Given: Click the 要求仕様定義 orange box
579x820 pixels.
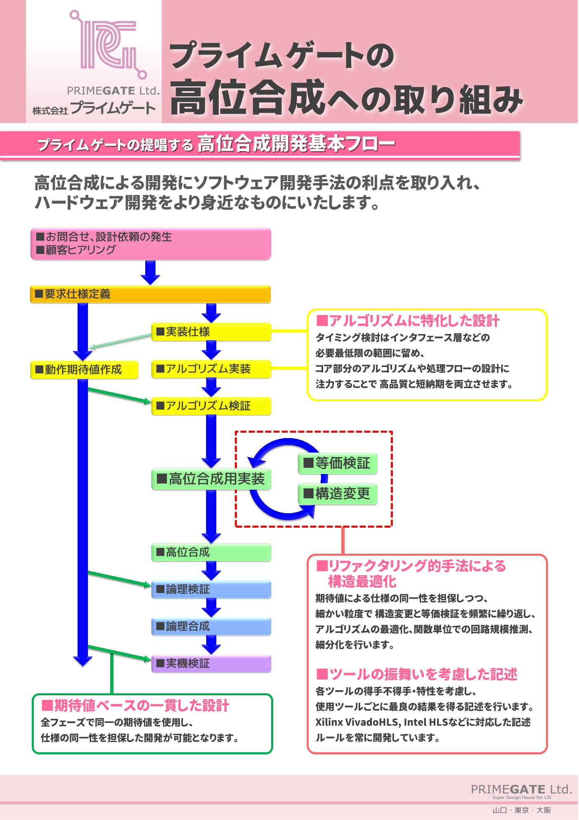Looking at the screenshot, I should coord(150,294).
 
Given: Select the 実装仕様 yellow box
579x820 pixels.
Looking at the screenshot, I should coord(211,332).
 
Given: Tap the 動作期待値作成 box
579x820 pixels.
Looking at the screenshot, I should coord(84,370).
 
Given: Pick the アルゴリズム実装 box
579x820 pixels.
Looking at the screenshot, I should coord(211,369).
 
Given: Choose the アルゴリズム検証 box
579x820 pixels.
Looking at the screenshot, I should coord(211,406).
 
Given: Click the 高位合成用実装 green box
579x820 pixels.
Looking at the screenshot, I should coord(211,479).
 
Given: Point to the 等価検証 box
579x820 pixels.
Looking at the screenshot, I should coord(337,463).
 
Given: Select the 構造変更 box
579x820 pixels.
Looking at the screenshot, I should coord(337,494).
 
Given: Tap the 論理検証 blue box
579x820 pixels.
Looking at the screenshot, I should coord(211,590).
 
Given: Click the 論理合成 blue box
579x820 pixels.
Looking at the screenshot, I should coord(211,627).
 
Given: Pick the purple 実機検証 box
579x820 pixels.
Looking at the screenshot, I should coord(211,664).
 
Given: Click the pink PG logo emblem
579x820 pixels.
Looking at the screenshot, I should coord(108,45).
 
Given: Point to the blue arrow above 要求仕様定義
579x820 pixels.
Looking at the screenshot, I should coord(150,273).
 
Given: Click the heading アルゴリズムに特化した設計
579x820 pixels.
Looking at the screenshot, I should coord(408,321).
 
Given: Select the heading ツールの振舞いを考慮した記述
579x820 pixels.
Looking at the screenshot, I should coord(417,674).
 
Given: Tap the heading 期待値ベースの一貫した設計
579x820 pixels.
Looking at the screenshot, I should coord(135,706).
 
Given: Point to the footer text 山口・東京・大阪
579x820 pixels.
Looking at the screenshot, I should coord(522,810).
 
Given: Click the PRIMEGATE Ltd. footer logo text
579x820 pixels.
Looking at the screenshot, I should coord(521,789).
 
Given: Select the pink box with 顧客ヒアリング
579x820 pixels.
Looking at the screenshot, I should coord(150,244).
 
